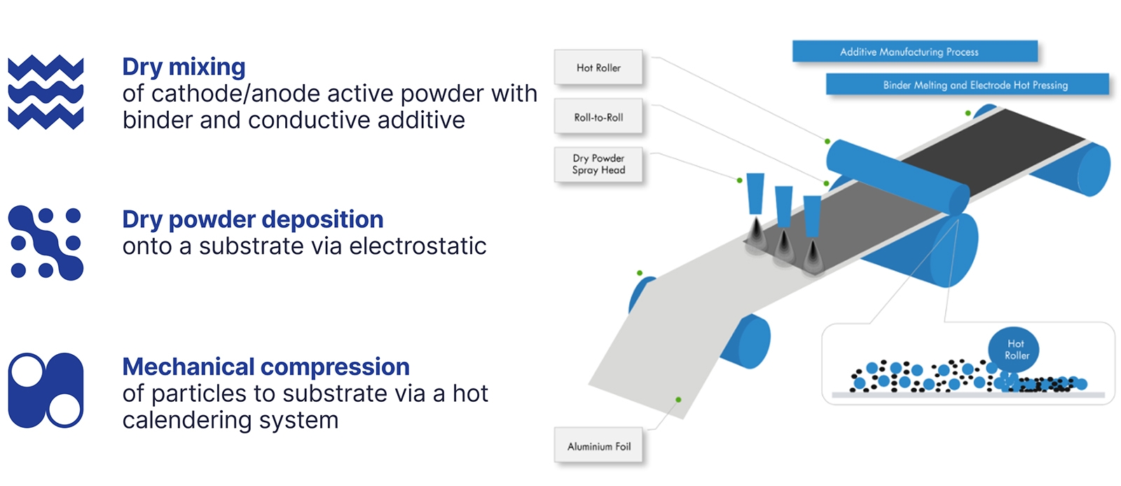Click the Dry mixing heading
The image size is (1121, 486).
point(184,67)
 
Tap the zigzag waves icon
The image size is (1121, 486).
point(46,92)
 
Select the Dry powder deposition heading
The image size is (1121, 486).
point(252,220)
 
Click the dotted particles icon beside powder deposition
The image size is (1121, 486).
point(46,243)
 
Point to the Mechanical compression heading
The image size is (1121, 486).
point(266,367)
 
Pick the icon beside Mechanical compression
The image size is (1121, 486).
point(46,390)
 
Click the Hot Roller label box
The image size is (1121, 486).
point(598,68)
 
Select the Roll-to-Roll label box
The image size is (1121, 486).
point(598,118)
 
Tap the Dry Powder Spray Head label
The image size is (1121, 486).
point(598,164)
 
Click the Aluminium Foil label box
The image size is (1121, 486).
point(599,447)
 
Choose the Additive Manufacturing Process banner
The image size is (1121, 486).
point(914,52)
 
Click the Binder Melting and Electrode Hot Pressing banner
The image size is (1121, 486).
point(967,85)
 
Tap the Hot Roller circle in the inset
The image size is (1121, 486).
point(1014,349)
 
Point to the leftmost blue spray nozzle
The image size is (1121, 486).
point(755,194)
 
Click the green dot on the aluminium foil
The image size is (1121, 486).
point(678,400)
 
